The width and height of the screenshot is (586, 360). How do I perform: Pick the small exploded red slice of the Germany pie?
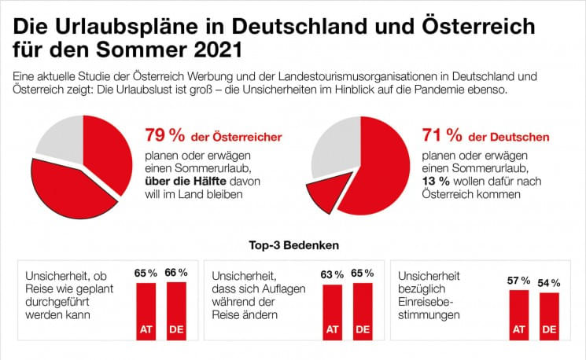[323, 193]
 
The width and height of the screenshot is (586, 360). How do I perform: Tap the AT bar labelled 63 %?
[333, 311]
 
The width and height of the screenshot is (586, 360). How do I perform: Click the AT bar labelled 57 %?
[518, 314]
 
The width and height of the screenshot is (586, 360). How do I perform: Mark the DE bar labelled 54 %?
[548, 315]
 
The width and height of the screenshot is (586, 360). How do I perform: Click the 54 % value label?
[549, 282]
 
